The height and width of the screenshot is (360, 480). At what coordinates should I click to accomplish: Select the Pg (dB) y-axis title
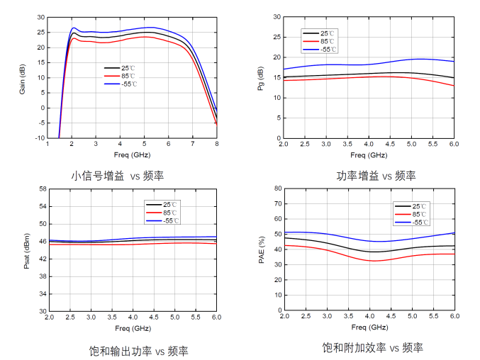point(262,78)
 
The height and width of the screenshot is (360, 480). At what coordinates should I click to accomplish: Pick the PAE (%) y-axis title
point(262,250)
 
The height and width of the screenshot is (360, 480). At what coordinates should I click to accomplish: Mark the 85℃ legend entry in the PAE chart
point(420,213)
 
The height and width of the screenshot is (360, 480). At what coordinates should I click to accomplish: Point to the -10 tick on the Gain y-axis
point(40,138)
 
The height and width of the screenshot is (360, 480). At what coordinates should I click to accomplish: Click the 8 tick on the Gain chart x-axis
point(216,145)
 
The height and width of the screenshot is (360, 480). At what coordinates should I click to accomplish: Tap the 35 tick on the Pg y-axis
point(277,16)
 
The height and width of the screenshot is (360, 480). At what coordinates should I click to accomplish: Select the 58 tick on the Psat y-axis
point(42,189)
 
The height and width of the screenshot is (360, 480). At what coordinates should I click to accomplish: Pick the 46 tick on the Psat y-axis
point(42,241)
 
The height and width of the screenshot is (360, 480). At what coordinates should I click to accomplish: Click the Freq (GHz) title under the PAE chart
point(368,328)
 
